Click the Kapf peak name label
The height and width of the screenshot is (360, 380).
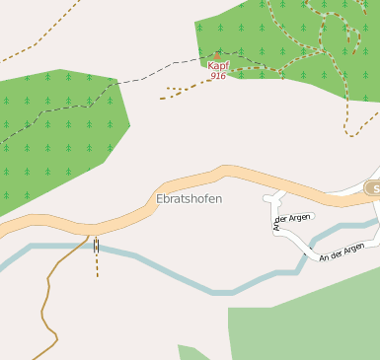coord(217,66)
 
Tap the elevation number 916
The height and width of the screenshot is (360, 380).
coord(217,76)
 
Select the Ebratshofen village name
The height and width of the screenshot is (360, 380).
coord(190,198)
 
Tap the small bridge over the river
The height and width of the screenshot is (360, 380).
coord(96,246)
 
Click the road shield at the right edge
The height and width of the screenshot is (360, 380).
coord(373,187)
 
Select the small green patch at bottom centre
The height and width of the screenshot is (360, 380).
coord(191,352)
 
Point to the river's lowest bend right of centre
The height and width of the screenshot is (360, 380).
coord(222,292)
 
